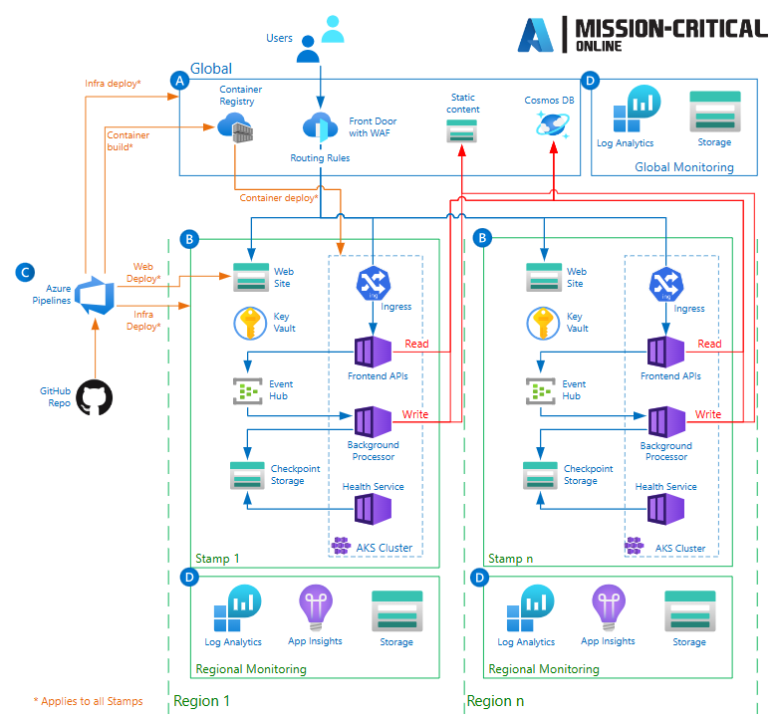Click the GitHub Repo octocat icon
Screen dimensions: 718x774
[x=95, y=397]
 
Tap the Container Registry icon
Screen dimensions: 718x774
[x=236, y=127]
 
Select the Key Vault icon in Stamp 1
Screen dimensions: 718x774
[x=249, y=323]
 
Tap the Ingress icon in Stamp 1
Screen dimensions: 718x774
[x=372, y=284]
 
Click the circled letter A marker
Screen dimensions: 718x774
[x=179, y=81]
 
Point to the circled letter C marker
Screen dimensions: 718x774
[x=27, y=271]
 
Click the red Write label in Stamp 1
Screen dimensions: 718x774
[x=415, y=414]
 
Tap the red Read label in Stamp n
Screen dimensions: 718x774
[x=709, y=344]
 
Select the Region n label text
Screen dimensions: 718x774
[x=495, y=701]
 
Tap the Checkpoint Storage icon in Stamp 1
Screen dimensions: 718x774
[x=248, y=475]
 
